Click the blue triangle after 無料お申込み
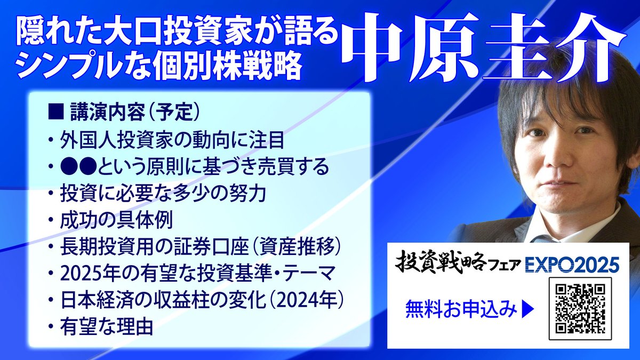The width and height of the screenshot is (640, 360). click(x=527, y=308)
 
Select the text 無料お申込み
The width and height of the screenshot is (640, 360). click(x=461, y=308)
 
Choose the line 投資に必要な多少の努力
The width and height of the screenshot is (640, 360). click(x=163, y=194)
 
